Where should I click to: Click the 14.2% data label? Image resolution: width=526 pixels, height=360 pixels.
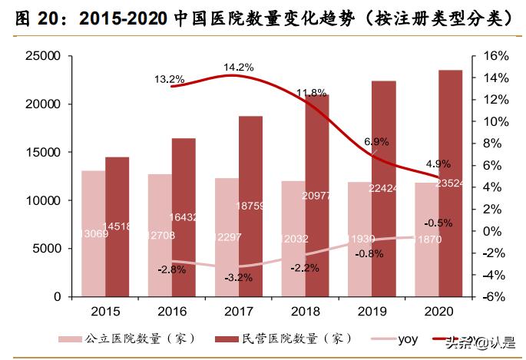pyautogui.click(x=238, y=68)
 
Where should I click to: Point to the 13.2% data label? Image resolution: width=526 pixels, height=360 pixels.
pyautogui.click(x=169, y=78)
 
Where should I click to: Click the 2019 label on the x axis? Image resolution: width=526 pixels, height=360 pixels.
pyautogui.click(x=370, y=311)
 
